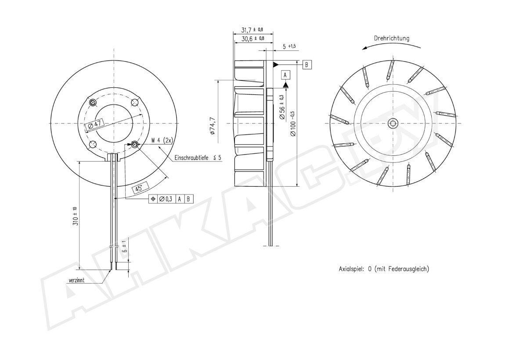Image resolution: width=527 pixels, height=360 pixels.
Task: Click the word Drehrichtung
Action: click(391, 38)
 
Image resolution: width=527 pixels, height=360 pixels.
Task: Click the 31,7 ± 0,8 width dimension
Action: click(252, 29)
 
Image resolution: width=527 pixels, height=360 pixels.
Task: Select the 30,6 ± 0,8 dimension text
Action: click(253, 38)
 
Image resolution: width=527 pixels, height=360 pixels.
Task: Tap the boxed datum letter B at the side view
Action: click(307, 65)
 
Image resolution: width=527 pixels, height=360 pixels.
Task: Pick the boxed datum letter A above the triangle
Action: click(285, 75)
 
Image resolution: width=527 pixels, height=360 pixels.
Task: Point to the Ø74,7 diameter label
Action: click(213, 126)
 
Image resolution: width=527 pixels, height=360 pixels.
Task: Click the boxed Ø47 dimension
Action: click(94, 125)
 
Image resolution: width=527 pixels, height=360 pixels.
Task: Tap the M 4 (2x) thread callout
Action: click(162, 140)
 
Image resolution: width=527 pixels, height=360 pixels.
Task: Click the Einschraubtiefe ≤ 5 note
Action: click(198, 158)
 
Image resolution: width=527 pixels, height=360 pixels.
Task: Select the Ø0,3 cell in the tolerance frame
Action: click(166, 199)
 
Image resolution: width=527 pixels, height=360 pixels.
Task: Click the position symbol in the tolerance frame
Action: click(153, 199)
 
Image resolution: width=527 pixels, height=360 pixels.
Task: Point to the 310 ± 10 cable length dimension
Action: click(75, 216)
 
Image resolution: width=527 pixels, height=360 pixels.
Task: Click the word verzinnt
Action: click(76, 280)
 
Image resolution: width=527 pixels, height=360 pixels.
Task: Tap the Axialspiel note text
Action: click(384, 269)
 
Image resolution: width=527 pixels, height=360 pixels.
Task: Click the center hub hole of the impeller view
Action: click(393, 123)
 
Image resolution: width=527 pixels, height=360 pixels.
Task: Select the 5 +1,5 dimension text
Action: click(289, 47)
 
